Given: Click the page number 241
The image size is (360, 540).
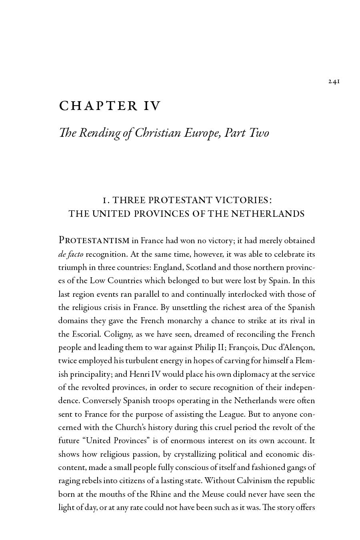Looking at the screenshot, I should coord(334,82).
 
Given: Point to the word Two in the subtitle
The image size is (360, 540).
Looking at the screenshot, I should coord(259,133).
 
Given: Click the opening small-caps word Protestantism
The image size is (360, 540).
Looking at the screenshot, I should coord(94,240).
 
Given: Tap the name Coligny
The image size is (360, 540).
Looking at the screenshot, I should coord(118,334).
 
